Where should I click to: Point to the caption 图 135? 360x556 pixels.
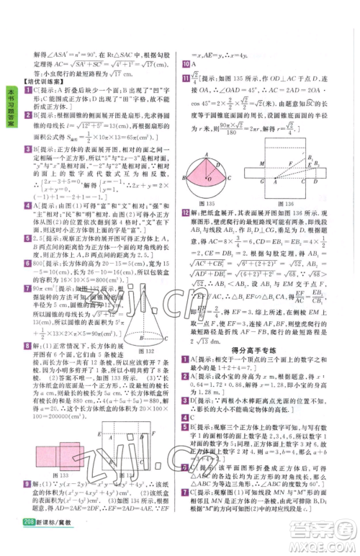pos(207,205)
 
